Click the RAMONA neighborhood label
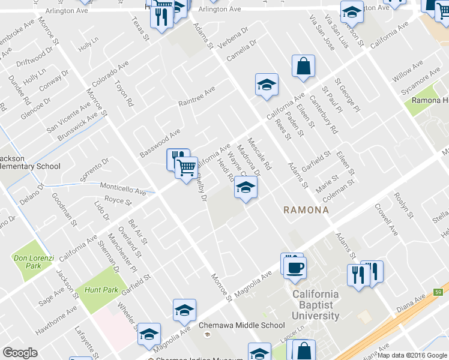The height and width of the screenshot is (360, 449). pos(306,211)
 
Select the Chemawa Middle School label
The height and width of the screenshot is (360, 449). pos(242,326)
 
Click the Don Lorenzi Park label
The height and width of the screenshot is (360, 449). pos(34,262)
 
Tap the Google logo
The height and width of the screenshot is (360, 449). pos(20,353)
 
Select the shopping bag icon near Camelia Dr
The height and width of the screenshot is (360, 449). pos(304,67)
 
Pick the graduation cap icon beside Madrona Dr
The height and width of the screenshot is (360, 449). pos(245,188)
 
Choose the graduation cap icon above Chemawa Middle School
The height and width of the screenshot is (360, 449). pos(184,310)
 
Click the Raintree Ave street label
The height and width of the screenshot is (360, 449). pos(196,97)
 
